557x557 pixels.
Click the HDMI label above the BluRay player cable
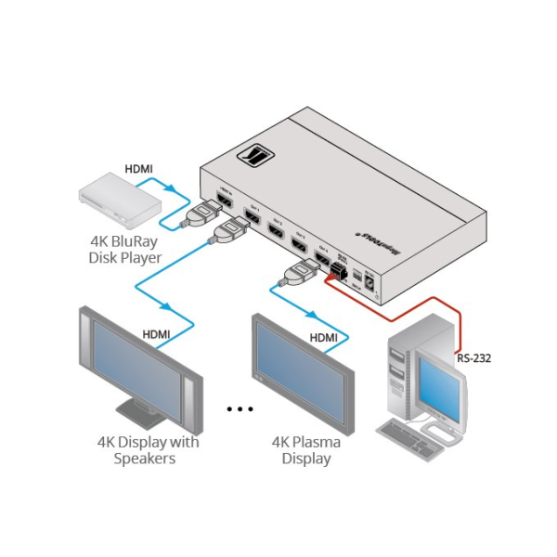tap(140, 170)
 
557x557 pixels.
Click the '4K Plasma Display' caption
tap(305, 450)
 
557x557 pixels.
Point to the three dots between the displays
tap(240, 408)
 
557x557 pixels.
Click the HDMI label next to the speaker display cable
tap(157, 332)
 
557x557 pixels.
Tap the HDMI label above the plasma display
tap(323, 338)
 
